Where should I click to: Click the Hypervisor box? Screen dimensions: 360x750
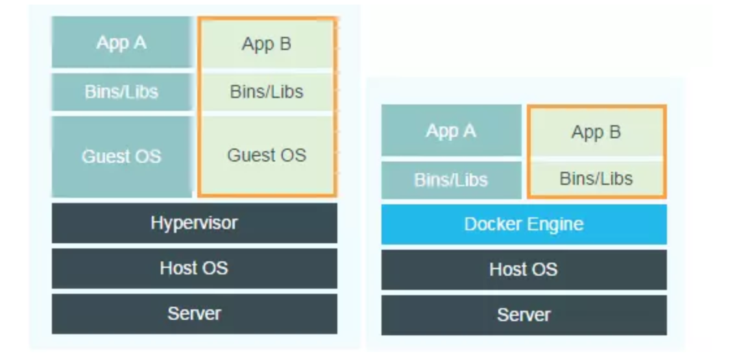pyautogui.click(x=194, y=223)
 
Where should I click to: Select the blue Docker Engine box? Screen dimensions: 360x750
pyautogui.click(x=524, y=224)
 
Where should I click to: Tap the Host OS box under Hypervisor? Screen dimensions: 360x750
pyautogui.click(x=194, y=268)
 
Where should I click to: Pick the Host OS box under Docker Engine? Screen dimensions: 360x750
pyautogui.click(x=524, y=269)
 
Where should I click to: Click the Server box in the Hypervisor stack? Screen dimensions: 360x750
pyautogui.click(x=194, y=314)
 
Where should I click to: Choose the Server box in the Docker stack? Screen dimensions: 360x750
pyautogui.click(x=524, y=315)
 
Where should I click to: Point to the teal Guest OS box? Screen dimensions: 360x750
pyautogui.click(x=121, y=156)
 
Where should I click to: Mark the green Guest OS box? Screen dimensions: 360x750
pyautogui.click(x=267, y=156)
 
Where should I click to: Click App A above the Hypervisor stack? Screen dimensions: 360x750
pyautogui.click(x=121, y=43)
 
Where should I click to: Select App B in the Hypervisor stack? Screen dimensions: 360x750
pyautogui.click(x=267, y=44)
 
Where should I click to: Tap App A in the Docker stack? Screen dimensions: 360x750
pyautogui.click(x=451, y=131)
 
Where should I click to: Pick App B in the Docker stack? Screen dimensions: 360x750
pyautogui.click(x=596, y=132)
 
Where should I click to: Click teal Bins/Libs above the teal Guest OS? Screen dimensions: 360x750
pyautogui.click(x=121, y=91)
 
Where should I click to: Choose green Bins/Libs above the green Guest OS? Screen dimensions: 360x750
pyautogui.click(x=267, y=91)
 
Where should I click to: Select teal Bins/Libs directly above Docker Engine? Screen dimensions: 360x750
pyautogui.click(x=451, y=180)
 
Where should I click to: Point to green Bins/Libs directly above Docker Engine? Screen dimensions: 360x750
pyautogui.click(x=596, y=178)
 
